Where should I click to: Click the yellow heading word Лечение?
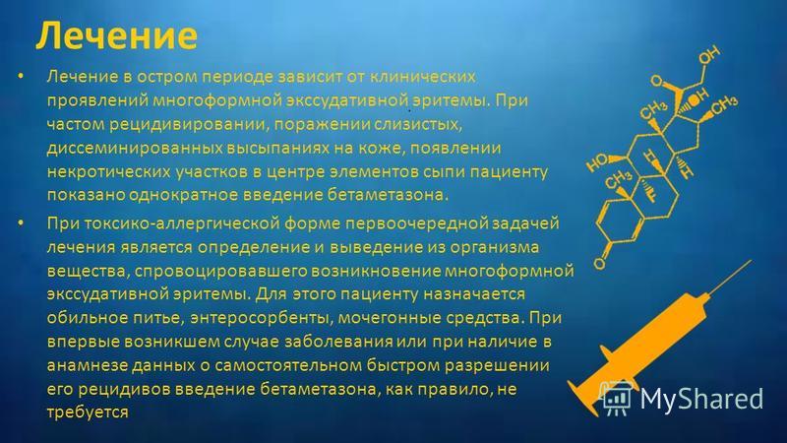[x=116, y=35]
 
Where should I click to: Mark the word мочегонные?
[x=388, y=318]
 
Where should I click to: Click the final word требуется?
[x=88, y=412]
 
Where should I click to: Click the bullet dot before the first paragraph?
[x=21, y=77]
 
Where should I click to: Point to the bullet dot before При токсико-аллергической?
[x=21, y=222]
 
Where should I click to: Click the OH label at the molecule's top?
[x=709, y=55]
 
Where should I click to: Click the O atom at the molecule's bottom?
[x=599, y=264]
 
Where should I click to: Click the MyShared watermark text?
[x=701, y=399]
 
